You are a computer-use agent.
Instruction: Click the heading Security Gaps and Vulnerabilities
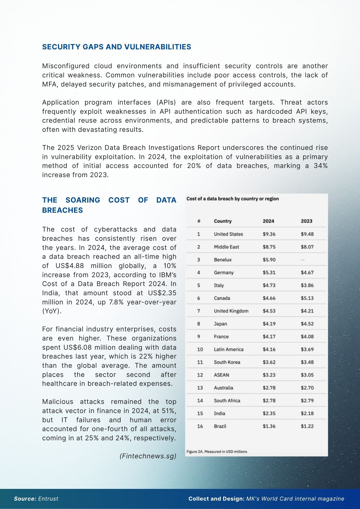(x=117, y=47)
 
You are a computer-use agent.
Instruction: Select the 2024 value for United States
(x=269, y=234)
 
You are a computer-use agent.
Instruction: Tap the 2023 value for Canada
(x=307, y=298)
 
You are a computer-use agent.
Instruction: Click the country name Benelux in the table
(x=223, y=260)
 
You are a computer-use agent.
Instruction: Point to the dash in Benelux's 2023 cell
(x=303, y=260)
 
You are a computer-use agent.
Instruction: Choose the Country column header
(x=223, y=221)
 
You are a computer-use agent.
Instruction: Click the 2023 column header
(x=307, y=221)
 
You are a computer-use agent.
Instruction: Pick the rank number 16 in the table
(x=200, y=426)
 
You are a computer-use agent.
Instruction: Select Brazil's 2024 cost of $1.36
(x=269, y=426)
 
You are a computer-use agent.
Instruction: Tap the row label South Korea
(x=227, y=362)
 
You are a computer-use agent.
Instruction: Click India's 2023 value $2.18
(x=307, y=414)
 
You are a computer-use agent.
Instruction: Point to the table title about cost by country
(x=233, y=199)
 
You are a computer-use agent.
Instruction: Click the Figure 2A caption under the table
(x=217, y=452)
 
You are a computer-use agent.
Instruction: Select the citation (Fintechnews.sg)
(x=148, y=456)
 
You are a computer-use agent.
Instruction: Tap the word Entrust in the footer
(x=48, y=499)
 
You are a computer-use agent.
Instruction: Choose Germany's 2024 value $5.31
(x=269, y=273)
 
